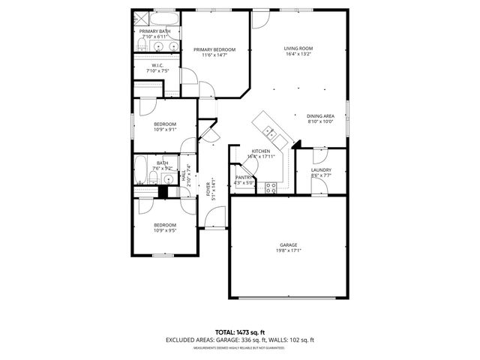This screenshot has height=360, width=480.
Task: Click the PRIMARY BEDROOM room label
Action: (214, 49)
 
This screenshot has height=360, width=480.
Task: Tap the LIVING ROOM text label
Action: (298, 49)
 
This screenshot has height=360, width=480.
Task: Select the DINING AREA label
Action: (320, 116)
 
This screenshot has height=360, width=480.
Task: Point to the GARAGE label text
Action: (289, 245)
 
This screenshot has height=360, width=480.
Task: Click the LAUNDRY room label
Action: (321, 170)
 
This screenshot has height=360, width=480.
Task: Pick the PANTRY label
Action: (244, 177)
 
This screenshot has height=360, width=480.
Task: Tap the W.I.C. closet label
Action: (157, 65)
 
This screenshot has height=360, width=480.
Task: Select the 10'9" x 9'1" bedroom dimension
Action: (165, 130)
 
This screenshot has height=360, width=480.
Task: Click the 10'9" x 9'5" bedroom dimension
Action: (165, 231)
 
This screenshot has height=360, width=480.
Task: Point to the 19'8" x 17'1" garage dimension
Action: (289, 251)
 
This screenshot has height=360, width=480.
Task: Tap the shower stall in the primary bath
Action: (140, 17)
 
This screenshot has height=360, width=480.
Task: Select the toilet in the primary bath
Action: (140, 47)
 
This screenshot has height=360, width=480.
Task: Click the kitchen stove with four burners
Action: (271, 188)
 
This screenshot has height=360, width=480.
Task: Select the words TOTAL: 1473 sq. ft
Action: (240, 332)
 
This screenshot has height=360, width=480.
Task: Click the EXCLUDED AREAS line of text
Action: (240, 340)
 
